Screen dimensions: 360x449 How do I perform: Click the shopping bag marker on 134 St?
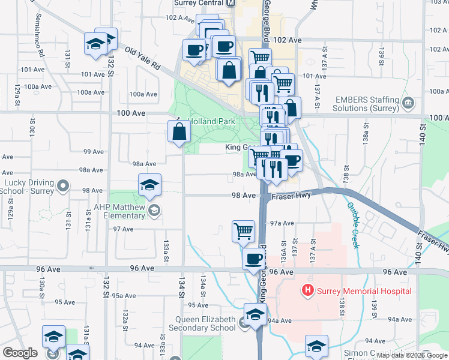(x=179, y=131)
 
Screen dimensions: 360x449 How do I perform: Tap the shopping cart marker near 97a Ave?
(x=243, y=230)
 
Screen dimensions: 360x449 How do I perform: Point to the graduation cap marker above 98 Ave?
(x=149, y=184)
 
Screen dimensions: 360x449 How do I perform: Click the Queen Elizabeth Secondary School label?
(x=205, y=324)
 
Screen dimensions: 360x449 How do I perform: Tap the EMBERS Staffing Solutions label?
(x=367, y=104)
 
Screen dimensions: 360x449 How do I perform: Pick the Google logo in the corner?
(x=20, y=353)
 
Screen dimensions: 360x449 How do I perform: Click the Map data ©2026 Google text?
(x=412, y=355)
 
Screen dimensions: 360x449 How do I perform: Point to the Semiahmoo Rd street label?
(x=41, y=44)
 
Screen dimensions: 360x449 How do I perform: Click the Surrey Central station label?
(x=199, y=3)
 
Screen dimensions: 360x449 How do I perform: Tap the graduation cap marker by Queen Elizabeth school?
(x=255, y=314)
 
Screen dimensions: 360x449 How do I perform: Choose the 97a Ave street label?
(x=282, y=223)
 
